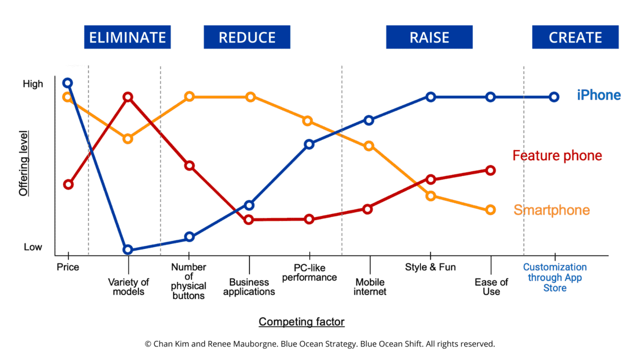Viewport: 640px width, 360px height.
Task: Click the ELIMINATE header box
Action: (x=127, y=37)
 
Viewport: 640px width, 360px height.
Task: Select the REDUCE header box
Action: (x=247, y=37)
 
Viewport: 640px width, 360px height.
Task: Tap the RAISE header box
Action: (x=429, y=37)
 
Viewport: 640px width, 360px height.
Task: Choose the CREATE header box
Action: (x=575, y=37)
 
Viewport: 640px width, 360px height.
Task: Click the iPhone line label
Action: (x=598, y=95)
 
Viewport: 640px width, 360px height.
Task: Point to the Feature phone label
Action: (x=557, y=155)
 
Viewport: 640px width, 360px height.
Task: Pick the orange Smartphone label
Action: (x=551, y=210)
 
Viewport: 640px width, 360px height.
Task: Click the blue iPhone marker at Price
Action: (x=67, y=83)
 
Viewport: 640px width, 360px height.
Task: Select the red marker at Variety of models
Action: (x=128, y=96)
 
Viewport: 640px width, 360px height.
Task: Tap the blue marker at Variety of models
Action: (x=128, y=249)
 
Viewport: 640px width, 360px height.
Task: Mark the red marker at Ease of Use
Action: (x=490, y=170)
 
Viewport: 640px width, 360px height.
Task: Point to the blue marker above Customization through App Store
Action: (x=554, y=97)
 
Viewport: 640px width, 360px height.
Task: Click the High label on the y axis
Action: (x=33, y=84)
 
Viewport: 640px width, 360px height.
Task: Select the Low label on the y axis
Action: (x=33, y=247)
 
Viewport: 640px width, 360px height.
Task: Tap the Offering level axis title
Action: (x=23, y=163)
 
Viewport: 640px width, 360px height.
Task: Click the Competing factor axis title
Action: (x=301, y=321)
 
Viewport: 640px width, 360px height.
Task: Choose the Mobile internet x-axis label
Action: (x=370, y=286)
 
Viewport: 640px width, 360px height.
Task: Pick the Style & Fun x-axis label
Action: (x=430, y=267)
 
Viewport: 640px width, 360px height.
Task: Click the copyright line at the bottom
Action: (x=319, y=344)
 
